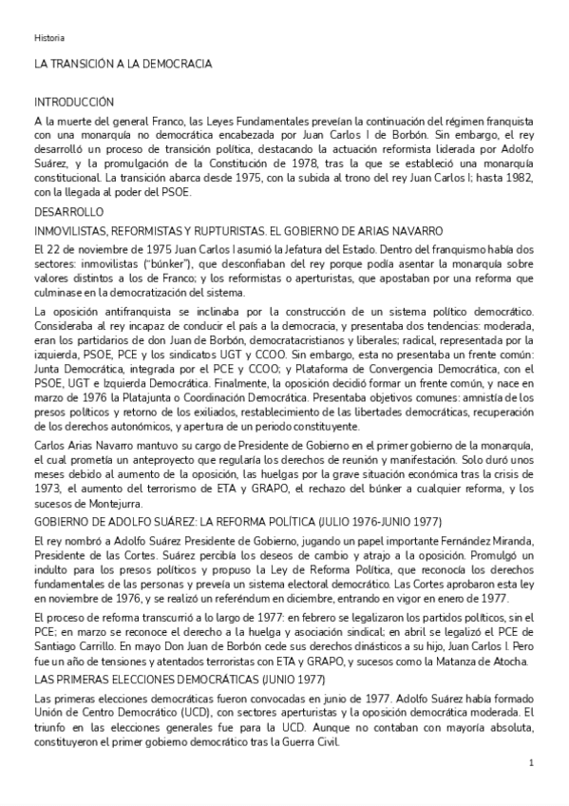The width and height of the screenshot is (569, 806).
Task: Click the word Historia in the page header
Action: [x=49, y=38]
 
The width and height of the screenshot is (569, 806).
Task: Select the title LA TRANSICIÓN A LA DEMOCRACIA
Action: [x=123, y=64]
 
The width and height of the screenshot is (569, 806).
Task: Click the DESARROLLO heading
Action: [x=67, y=212]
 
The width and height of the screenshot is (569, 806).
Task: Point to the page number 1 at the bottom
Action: [x=531, y=763]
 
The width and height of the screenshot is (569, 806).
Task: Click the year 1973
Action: [x=48, y=489]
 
